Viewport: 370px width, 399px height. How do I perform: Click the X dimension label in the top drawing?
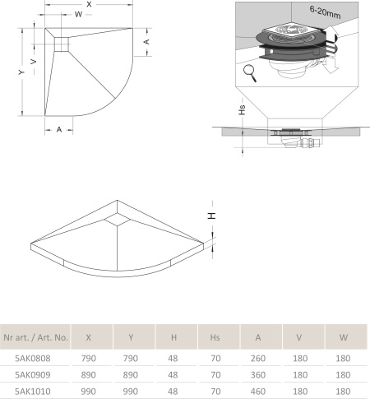pyautogui.click(x=89, y=4)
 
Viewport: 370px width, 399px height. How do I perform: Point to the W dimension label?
pyautogui.click(x=78, y=14)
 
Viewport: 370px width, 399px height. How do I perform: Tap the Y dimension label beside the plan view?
pyautogui.click(x=21, y=72)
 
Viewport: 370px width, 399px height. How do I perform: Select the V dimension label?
pyautogui.click(x=34, y=62)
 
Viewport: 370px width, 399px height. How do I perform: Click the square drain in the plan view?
pyautogui.click(x=61, y=44)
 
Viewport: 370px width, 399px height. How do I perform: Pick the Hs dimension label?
pyautogui.click(x=242, y=109)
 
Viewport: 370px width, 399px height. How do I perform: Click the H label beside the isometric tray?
pyautogui.click(x=211, y=216)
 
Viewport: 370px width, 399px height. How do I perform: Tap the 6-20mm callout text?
pyautogui.click(x=325, y=12)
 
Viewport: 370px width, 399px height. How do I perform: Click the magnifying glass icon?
pyautogui.click(x=250, y=73)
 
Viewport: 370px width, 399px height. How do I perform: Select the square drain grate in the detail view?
pyautogui.click(x=291, y=30)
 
